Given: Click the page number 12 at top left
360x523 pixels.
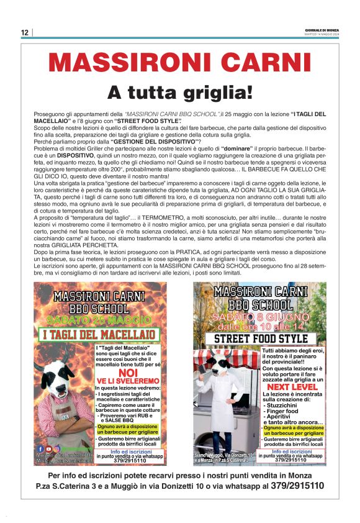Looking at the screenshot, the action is tap(24, 32).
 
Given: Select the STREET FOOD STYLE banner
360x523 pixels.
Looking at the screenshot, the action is tap(261, 339).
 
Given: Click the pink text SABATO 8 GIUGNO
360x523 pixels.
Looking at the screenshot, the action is tap(261, 317).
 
